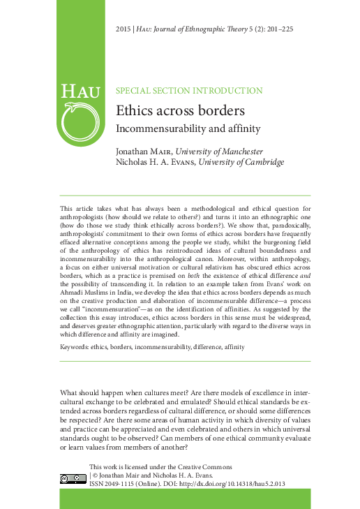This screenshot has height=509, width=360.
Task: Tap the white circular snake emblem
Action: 80,122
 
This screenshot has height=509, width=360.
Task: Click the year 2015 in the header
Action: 123,28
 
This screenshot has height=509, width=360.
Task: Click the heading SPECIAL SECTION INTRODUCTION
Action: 188,91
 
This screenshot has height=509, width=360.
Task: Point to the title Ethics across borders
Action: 179,111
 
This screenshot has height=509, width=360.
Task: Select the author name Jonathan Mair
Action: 143,152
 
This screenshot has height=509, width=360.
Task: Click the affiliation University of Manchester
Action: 218,152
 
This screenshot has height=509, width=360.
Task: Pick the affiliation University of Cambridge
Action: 241,163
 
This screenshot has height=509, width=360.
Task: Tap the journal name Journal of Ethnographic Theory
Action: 207,28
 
